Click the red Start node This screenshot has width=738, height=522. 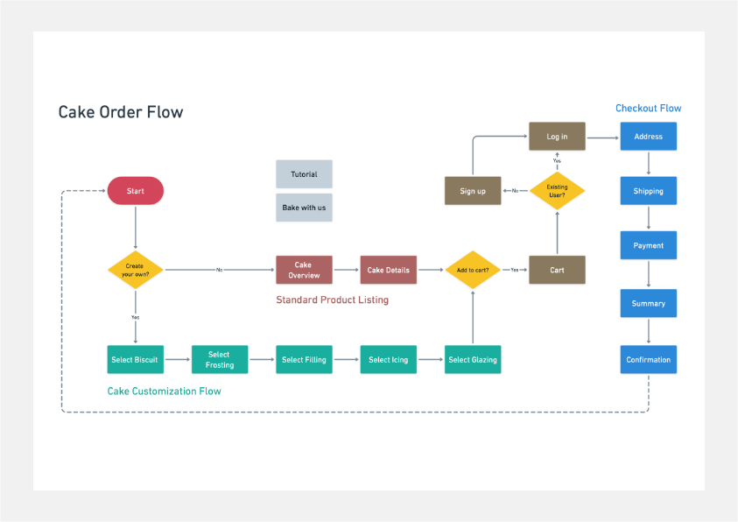point(136,191)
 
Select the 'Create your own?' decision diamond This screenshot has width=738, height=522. point(136,270)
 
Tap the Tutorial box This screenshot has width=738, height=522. point(304,174)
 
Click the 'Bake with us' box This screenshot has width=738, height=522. point(304,208)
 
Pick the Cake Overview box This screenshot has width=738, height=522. point(304,270)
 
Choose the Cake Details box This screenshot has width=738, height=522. point(388,270)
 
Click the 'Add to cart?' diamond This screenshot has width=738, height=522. point(473,270)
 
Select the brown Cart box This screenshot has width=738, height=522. point(557,270)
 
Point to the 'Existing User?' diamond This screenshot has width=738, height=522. point(557,191)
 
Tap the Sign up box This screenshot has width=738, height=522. point(473,191)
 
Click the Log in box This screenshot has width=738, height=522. point(557,137)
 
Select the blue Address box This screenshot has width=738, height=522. point(648,137)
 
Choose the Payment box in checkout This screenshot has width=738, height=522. point(648,245)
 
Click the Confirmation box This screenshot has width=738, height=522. point(648,360)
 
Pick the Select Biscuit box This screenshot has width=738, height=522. point(136,360)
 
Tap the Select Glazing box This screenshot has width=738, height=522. point(473,360)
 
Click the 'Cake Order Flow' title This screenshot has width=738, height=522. point(121,112)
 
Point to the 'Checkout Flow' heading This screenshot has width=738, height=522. point(648,109)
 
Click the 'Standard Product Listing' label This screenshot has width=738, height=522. point(332,300)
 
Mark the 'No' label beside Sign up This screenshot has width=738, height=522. point(515,191)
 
